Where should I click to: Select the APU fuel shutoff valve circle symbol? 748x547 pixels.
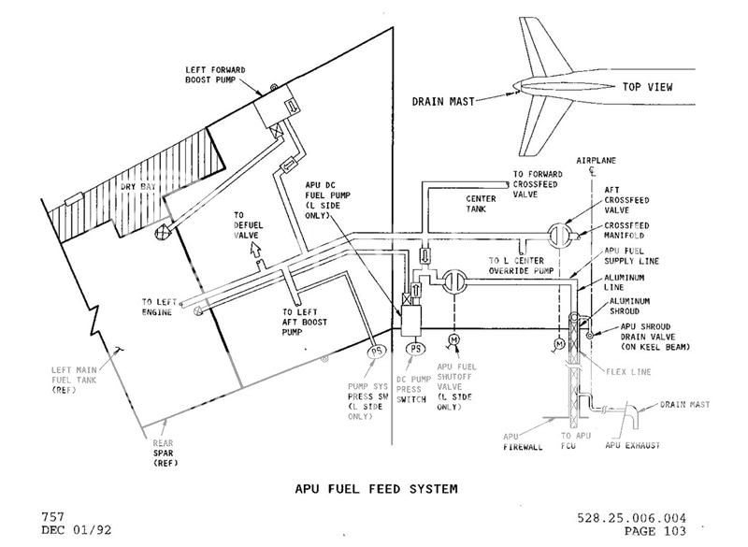pyautogui.click(x=454, y=282)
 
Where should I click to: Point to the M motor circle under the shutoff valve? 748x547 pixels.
pyautogui.click(x=454, y=338)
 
